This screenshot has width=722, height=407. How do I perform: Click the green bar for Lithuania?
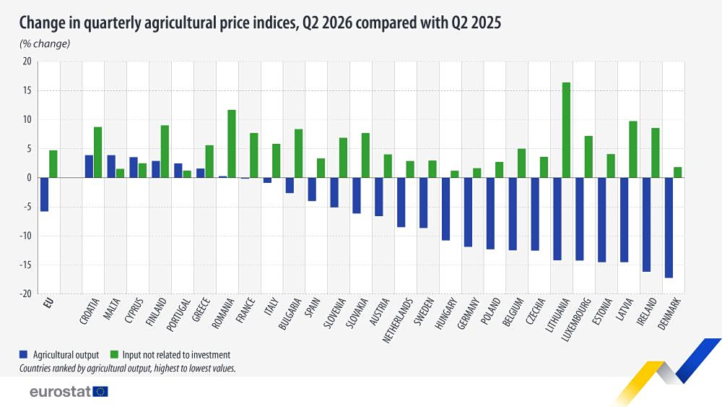tap(566, 130)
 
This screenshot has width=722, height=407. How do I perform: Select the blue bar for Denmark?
tap(669, 228)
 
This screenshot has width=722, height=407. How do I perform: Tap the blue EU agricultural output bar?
tap(44, 194)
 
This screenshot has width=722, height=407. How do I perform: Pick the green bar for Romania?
tap(231, 144)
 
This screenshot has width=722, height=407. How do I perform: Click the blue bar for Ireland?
tap(646, 225)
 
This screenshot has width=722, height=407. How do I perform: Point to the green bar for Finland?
tap(165, 152)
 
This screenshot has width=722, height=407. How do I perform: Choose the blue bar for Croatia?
tap(89, 166)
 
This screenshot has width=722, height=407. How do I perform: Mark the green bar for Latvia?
tap(633, 150)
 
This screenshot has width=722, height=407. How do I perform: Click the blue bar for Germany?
tap(468, 212)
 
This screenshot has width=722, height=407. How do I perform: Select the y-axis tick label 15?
tap(27, 90)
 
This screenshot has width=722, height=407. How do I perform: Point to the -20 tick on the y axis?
tap(25, 294)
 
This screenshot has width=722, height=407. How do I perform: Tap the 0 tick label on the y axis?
tap(29, 177)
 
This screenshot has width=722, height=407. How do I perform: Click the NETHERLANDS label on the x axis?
tap(397, 321)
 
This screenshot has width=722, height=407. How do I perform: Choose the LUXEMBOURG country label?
tap(576, 320)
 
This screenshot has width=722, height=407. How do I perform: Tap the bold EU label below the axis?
tap(48, 304)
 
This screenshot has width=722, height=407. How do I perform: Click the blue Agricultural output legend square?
tap(24, 354)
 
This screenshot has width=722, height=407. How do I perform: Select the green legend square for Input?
tap(114, 354)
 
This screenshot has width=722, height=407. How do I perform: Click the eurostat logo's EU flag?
tap(100, 392)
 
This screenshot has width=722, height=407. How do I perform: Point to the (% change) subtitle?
tap(45, 44)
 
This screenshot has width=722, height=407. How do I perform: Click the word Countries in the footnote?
tap(35, 368)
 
